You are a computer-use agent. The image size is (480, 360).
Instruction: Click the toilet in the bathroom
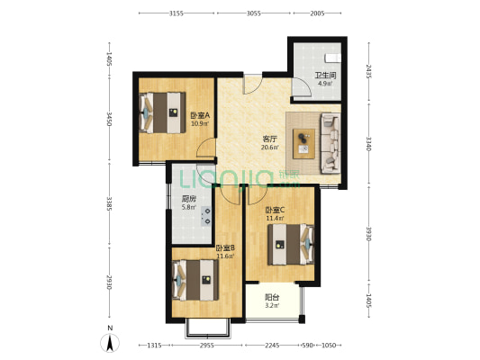click(x=331, y=54)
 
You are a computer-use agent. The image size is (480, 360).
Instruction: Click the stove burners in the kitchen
click(x=206, y=215)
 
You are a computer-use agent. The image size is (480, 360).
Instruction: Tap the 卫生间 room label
click(x=324, y=76)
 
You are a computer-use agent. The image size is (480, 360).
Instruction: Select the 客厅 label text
click(x=269, y=139)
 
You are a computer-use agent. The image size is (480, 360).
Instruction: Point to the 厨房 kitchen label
click(x=189, y=199)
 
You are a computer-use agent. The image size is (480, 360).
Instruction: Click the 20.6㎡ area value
click(x=269, y=148)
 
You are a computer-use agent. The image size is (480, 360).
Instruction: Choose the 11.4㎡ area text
click(x=275, y=218)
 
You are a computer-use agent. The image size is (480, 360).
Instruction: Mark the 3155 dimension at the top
click(x=177, y=14)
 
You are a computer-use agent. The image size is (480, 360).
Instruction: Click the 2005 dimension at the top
click(x=316, y=14)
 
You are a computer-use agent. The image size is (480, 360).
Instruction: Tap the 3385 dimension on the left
click(x=110, y=209)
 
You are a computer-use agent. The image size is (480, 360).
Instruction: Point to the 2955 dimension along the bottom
click(x=207, y=346)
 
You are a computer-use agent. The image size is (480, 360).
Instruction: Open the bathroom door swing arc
click(x=300, y=89)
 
